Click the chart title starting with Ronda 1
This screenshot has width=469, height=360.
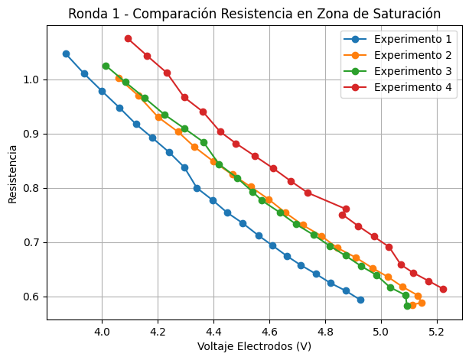(x=254, y=14)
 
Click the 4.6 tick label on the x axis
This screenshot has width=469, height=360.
(x=269, y=333)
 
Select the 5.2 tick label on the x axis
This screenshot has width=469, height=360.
(x=436, y=333)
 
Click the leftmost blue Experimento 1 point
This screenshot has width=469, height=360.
(x=66, y=54)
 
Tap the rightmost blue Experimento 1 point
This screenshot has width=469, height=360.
(x=360, y=300)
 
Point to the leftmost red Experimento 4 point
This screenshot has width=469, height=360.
(x=128, y=38)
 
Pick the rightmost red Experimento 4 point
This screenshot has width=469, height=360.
(x=443, y=289)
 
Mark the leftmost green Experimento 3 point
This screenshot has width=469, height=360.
(x=106, y=66)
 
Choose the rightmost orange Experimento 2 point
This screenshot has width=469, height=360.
(x=422, y=303)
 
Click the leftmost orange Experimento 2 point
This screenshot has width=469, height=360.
(x=119, y=78)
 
